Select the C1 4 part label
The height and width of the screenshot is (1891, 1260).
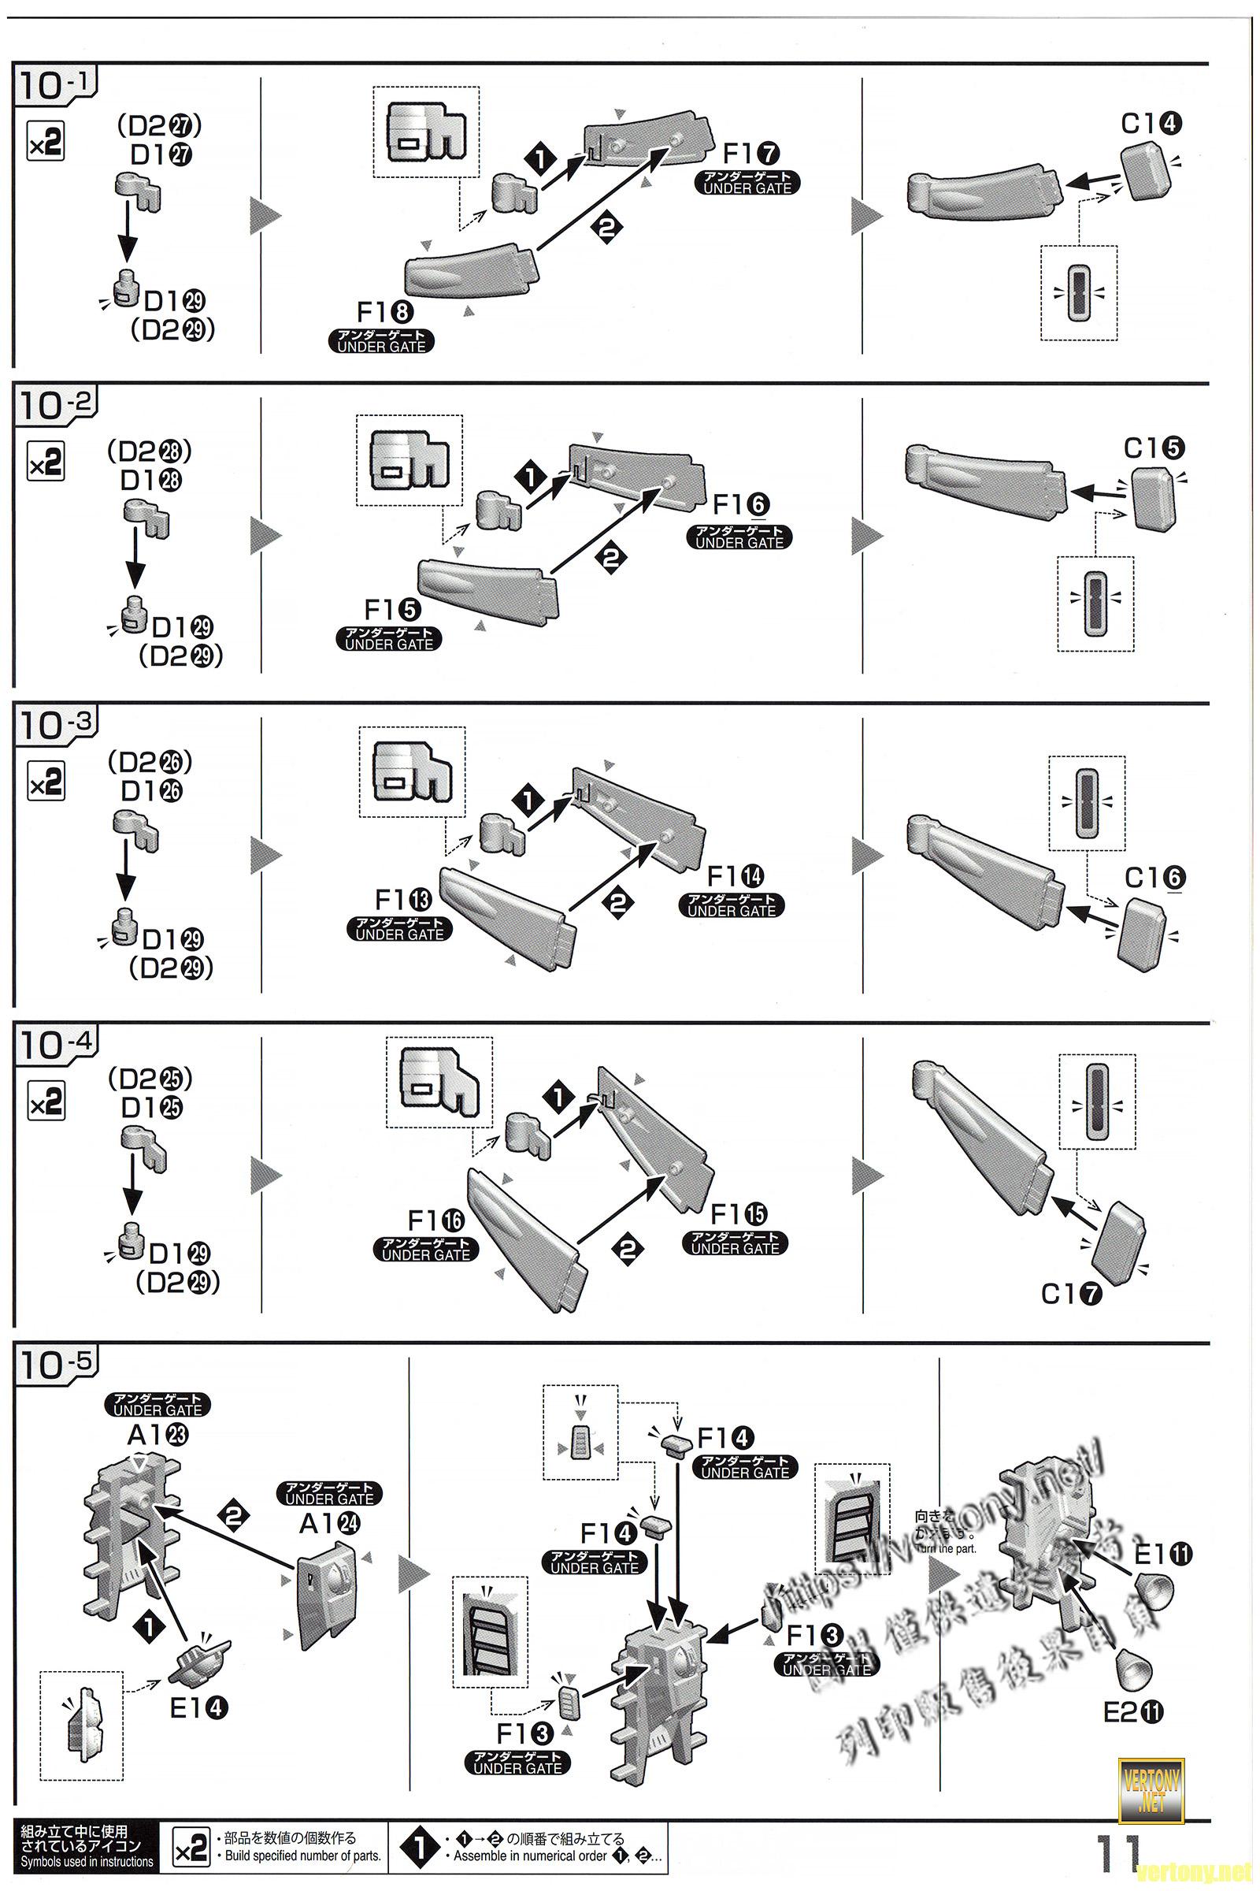click(1151, 124)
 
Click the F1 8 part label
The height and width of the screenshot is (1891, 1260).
click(385, 312)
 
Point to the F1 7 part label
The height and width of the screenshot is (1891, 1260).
click(751, 153)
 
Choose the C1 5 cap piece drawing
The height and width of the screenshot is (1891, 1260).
click(1154, 500)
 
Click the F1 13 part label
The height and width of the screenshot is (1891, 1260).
click(402, 899)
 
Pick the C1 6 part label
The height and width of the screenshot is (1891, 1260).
click(1154, 878)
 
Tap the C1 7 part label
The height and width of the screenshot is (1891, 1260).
click(1072, 1294)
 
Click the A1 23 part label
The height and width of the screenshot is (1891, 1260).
click(157, 1434)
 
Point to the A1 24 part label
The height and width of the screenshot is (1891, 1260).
click(329, 1523)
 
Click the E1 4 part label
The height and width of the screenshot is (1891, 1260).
click(198, 1707)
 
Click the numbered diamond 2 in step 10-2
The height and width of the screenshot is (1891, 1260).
click(611, 556)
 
